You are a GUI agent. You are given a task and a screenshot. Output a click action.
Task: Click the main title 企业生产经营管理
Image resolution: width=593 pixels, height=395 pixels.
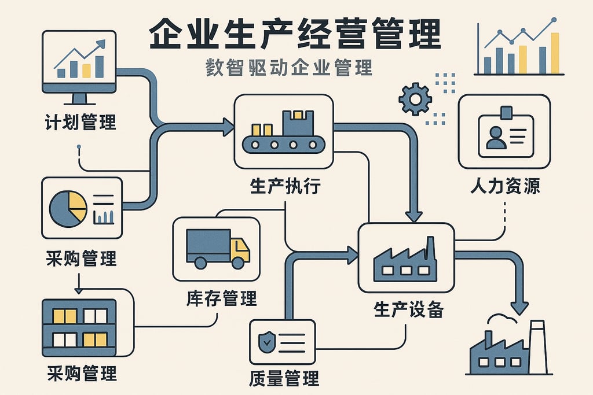click(295, 36)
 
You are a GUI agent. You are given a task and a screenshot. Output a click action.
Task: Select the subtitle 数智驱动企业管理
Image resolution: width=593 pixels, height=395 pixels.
click(289, 68)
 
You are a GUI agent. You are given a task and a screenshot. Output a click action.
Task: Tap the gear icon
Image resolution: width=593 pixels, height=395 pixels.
click(415, 99)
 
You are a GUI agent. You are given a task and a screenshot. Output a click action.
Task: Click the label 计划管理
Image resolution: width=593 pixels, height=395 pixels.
click(80, 122)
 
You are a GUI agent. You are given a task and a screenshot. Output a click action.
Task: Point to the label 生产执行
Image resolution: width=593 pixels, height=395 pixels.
click(284, 186)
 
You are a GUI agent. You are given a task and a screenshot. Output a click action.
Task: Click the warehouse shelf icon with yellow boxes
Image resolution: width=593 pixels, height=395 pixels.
click(79, 327)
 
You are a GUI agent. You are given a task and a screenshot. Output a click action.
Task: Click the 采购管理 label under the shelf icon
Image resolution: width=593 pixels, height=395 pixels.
click(81, 373)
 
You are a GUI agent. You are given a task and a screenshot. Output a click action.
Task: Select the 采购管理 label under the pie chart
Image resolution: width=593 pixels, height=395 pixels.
click(81, 258)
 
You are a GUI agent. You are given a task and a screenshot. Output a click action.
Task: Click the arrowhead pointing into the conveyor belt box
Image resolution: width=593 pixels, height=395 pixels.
click(228, 126)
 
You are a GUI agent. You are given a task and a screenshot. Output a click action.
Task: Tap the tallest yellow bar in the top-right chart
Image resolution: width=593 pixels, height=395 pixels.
click(555, 53)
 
